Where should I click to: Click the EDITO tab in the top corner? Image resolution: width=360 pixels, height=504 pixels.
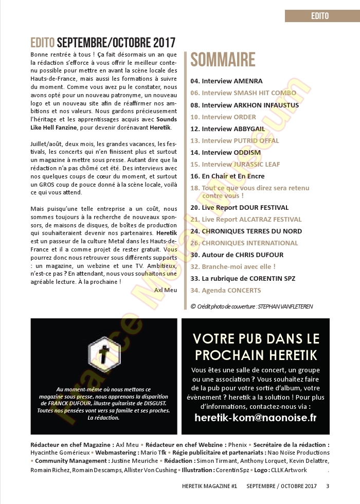(x=320, y=16)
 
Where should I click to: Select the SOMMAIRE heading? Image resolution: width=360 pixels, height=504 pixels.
(x=223, y=60)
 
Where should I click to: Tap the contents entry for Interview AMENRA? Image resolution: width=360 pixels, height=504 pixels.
(x=227, y=81)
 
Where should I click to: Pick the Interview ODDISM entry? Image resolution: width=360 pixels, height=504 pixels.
(x=226, y=152)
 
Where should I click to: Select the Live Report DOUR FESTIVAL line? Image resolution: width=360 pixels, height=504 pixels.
(x=239, y=208)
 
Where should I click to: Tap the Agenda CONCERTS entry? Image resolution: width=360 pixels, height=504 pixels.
(x=226, y=291)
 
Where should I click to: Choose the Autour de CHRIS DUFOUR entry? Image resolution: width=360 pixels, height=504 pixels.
(x=237, y=255)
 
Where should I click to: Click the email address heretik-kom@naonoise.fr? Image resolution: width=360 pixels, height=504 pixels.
(x=256, y=418)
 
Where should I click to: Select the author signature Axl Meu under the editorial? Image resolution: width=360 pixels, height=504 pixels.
(x=165, y=290)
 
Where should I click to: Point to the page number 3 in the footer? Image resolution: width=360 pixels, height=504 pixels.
(x=328, y=486)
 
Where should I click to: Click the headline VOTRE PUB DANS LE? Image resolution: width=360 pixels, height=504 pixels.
(x=256, y=338)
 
